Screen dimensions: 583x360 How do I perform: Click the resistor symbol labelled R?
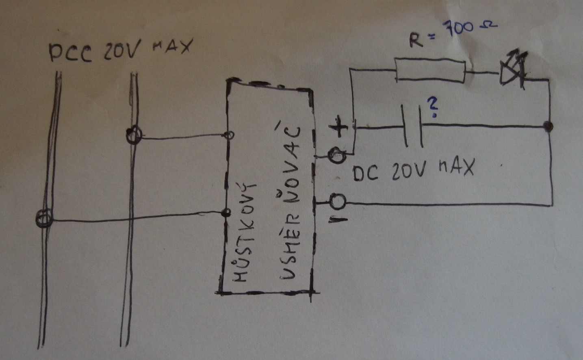(x=430, y=70)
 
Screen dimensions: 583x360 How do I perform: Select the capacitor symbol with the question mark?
(x=413, y=126)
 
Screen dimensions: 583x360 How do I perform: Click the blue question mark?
(x=432, y=108)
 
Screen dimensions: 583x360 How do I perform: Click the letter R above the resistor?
(x=416, y=40)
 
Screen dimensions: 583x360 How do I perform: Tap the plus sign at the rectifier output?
(x=338, y=127)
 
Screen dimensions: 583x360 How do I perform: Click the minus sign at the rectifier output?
(x=338, y=220)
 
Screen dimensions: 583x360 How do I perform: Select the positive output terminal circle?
(x=337, y=155)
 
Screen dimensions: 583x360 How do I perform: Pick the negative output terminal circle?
(x=338, y=202)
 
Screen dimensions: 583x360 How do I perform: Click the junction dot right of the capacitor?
(x=548, y=126)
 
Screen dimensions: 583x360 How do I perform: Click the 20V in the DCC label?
(x=123, y=50)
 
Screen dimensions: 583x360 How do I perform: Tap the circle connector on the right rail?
(x=134, y=135)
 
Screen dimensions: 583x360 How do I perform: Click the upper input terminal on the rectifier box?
(x=229, y=135)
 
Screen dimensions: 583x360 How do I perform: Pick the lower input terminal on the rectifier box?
(x=226, y=213)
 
